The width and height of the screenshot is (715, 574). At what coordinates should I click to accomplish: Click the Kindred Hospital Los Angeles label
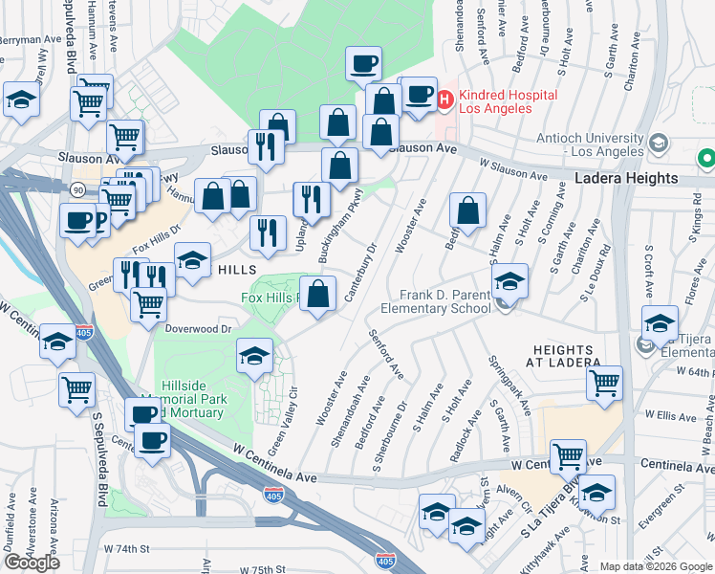pyautogui.click(x=494, y=101)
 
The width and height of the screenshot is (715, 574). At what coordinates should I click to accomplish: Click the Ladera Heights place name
pyautogui.click(x=626, y=179)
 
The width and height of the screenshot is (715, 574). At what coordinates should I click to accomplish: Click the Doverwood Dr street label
pyautogui.click(x=199, y=328)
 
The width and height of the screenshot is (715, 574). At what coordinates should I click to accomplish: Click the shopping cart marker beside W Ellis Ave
pyautogui.click(x=603, y=383)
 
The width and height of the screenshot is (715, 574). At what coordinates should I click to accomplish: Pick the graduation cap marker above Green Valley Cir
pyautogui.click(x=254, y=355)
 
